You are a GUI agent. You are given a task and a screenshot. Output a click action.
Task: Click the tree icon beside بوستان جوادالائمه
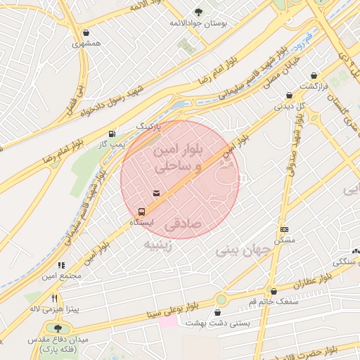coord(198,11)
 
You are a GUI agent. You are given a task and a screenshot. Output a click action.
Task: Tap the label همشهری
coord(86,44)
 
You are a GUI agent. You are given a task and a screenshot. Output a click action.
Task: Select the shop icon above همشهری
coord(86,32)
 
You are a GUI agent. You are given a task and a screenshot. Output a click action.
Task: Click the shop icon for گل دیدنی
coord(289,96)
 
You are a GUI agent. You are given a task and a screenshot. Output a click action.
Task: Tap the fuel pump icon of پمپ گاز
coord(112,133)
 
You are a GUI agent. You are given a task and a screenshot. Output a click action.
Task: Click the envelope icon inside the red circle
coord(155,193)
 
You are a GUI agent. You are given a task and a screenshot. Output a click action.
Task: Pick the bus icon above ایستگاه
coord(142,211)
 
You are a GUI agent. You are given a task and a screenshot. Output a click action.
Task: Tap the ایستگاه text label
coord(141,222)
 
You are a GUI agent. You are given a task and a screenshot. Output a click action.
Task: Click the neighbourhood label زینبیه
coord(158,245)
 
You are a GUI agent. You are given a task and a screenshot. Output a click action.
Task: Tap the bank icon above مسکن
coord(284,229)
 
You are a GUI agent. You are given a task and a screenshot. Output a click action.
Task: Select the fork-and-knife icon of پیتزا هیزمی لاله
coord(54,298)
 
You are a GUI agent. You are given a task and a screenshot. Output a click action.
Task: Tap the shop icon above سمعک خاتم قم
coord(274,290)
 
